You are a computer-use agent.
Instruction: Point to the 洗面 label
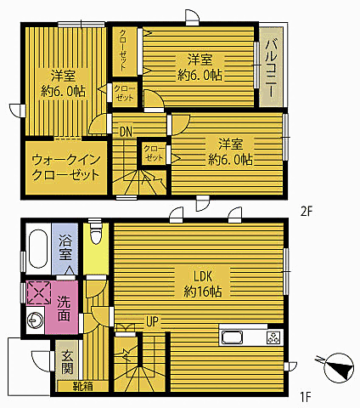click(x=65, y=309)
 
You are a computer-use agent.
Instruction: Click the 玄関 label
click(x=66, y=364)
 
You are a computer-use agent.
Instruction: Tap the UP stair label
click(x=153, y=322)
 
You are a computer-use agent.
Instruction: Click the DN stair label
click(x=125, y=131)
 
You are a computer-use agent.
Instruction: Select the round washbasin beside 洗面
click(x=36, y=322)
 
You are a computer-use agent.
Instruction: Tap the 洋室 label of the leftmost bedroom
click(x=62, y=81)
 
